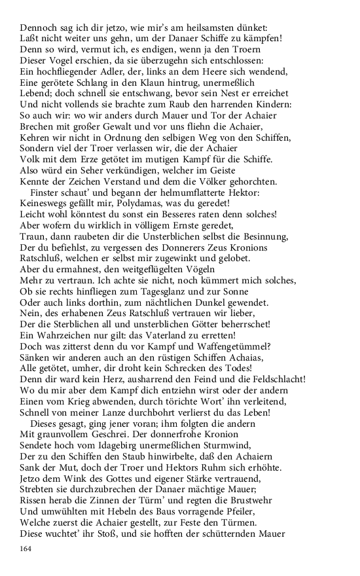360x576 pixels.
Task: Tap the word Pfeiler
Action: coord(250,512)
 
